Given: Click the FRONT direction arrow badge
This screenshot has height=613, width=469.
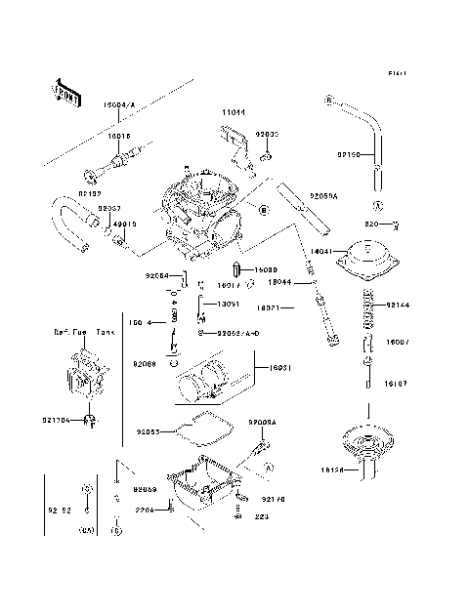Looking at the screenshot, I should click(62, 91).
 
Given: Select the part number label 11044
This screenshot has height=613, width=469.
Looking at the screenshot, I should click(231, 113).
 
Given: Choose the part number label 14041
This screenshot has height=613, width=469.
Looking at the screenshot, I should click(321, 252).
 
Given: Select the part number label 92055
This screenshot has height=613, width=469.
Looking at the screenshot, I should click(149, 429).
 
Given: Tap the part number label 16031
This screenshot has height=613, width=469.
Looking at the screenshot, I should click(268, 367).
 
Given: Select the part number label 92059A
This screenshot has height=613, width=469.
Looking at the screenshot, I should click(324, 196).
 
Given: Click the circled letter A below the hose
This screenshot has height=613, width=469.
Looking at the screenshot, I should click(375, 206).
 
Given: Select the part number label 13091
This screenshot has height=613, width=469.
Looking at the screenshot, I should click(227, 304).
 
